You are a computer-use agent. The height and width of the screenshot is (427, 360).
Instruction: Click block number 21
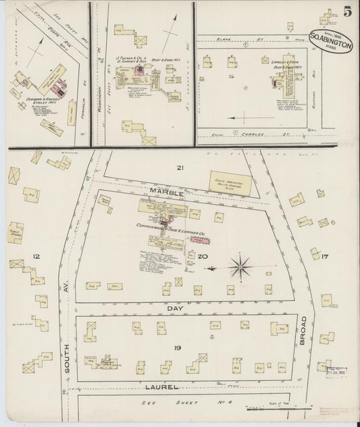pos(180,167)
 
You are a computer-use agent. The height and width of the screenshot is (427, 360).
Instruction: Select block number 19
pos(177,347)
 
